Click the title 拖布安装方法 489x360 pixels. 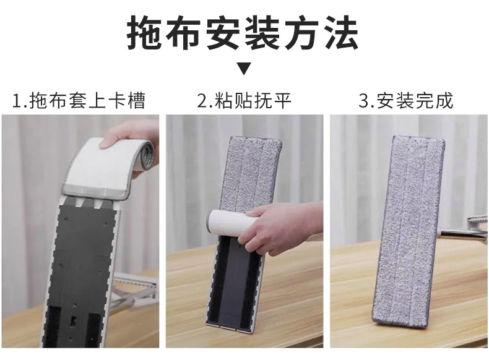coord(243,32)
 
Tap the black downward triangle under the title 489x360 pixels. coord(244,69)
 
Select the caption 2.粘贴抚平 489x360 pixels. coord(244,100)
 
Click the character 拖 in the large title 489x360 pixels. coord(146,32)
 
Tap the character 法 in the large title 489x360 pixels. coord(341,32)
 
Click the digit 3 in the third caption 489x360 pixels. coord(364,100)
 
